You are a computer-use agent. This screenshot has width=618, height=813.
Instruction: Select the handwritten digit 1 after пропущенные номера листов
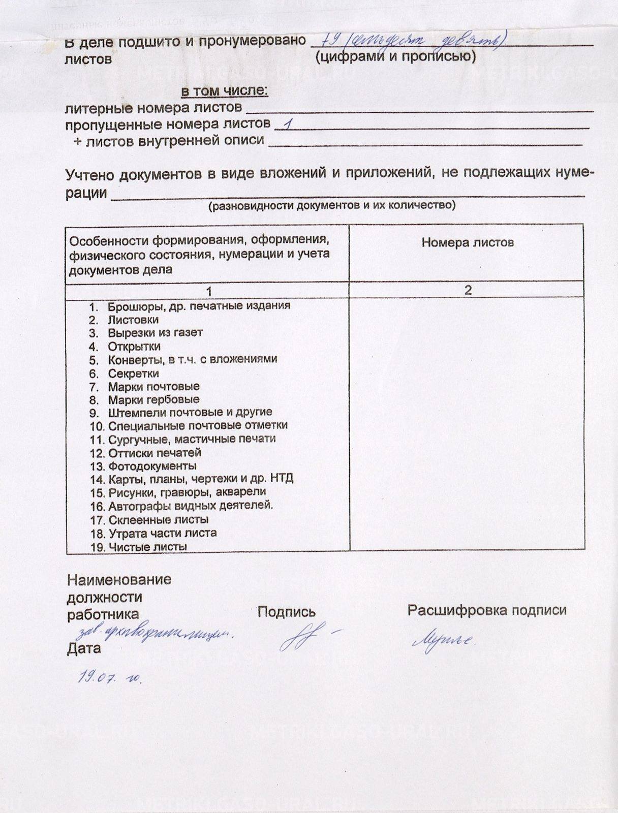coord(289,124)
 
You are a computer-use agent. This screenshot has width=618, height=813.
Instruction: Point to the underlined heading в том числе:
coord(224,91)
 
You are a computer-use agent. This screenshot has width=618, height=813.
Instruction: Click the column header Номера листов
coord(467,242)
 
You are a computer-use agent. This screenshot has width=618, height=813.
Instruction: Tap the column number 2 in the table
coord(468,290)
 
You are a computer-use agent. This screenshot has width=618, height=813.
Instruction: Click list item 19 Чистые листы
coord(147,547)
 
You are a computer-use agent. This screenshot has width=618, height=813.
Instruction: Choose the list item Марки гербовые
coord(153,399)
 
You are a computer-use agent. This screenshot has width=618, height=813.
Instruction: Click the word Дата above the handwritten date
coord(84,648)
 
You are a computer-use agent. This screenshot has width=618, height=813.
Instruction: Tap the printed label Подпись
coord(286,612)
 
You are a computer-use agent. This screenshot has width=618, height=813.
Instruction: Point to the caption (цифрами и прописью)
coord(395,56)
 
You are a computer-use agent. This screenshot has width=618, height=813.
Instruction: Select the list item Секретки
coord(133,373)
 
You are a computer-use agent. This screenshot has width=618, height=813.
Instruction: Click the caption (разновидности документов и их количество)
coord(331,205)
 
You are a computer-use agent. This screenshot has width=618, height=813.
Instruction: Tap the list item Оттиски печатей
coord(154,452)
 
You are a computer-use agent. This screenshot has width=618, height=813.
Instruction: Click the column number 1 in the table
coord(208,291)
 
